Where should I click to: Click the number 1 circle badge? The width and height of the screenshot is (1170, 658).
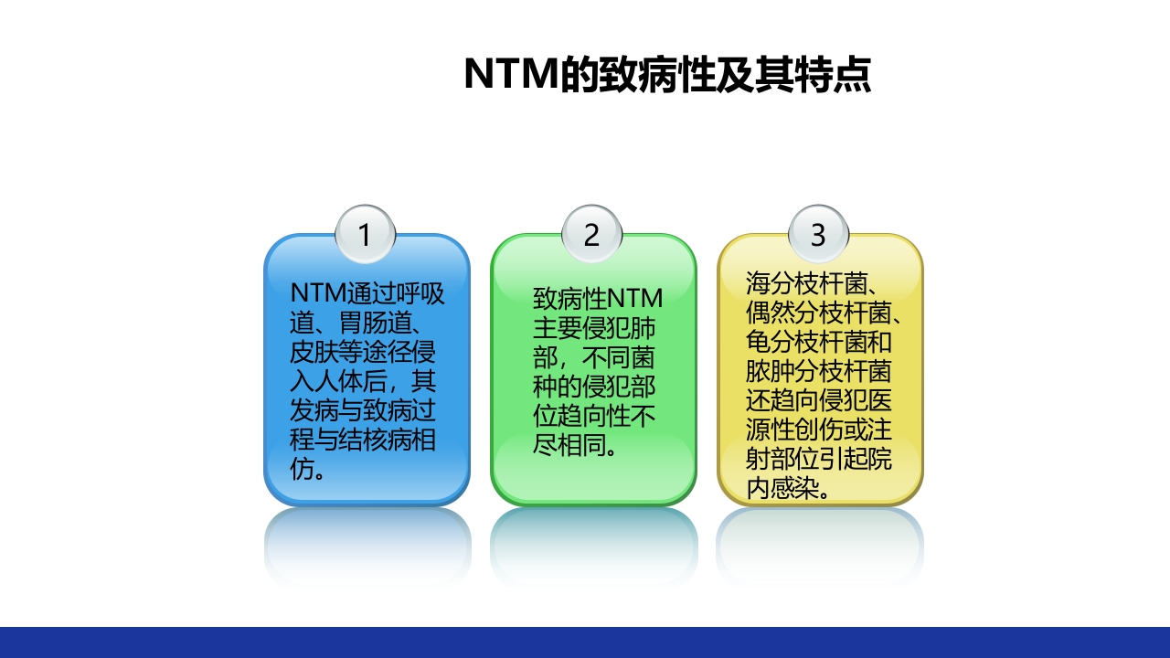tap(365, 235)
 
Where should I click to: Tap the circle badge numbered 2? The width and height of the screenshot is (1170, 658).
tap(591, 235)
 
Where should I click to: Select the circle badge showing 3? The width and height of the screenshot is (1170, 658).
tap(818, 235)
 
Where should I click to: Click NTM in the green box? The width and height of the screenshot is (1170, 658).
tap(634, 299)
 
